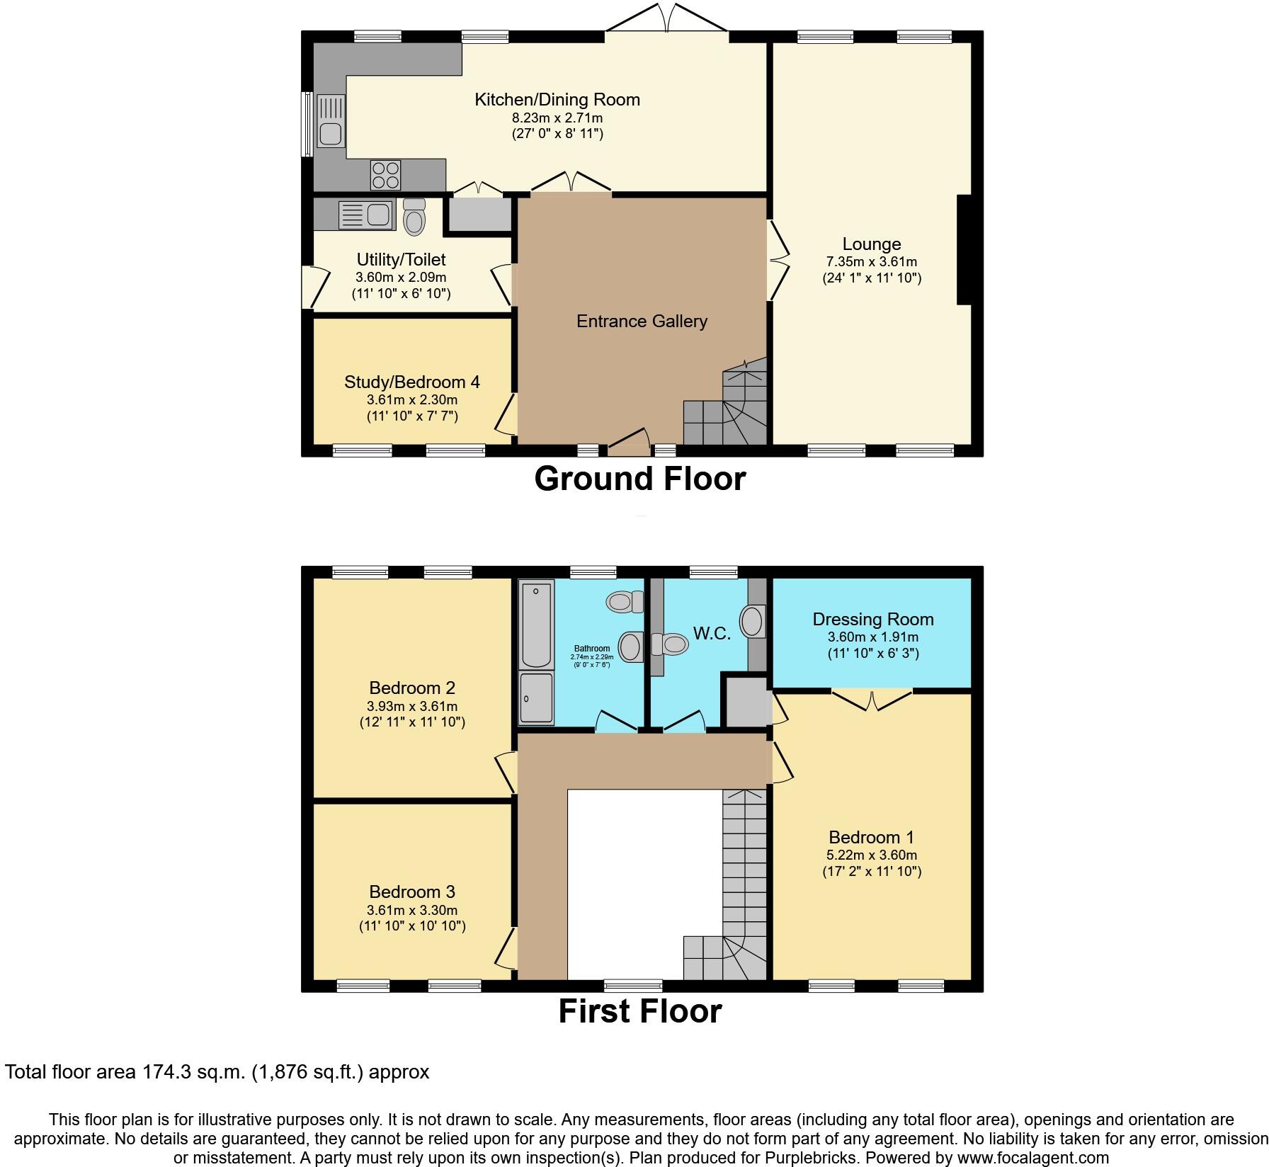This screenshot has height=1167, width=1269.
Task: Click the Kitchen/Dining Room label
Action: tap(557, 100)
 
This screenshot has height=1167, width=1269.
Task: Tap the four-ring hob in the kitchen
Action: tap(385, 175)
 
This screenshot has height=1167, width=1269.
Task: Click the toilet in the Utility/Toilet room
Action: tap(414, 216)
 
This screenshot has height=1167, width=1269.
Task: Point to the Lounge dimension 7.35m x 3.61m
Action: tap(872, 261)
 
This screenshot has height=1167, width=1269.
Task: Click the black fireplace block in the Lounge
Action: tap(964, 250)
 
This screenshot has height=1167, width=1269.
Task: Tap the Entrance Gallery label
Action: tap(642, 321)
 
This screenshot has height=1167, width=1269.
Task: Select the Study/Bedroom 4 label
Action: tap(411, 382)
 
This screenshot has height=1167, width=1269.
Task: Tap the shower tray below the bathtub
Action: tap(536, 698)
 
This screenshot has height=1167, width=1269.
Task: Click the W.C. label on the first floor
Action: tap(712, 634)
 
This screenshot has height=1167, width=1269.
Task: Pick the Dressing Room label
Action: tap(872, 620)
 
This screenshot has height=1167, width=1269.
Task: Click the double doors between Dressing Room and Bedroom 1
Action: tap(872, 699)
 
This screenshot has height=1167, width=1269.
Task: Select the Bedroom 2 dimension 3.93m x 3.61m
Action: tap(411, 706)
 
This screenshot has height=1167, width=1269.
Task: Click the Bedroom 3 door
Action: tap(507, 947)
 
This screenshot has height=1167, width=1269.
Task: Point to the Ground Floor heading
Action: tap(639, 479)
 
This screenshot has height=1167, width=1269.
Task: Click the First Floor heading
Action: tap(639, 1011)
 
